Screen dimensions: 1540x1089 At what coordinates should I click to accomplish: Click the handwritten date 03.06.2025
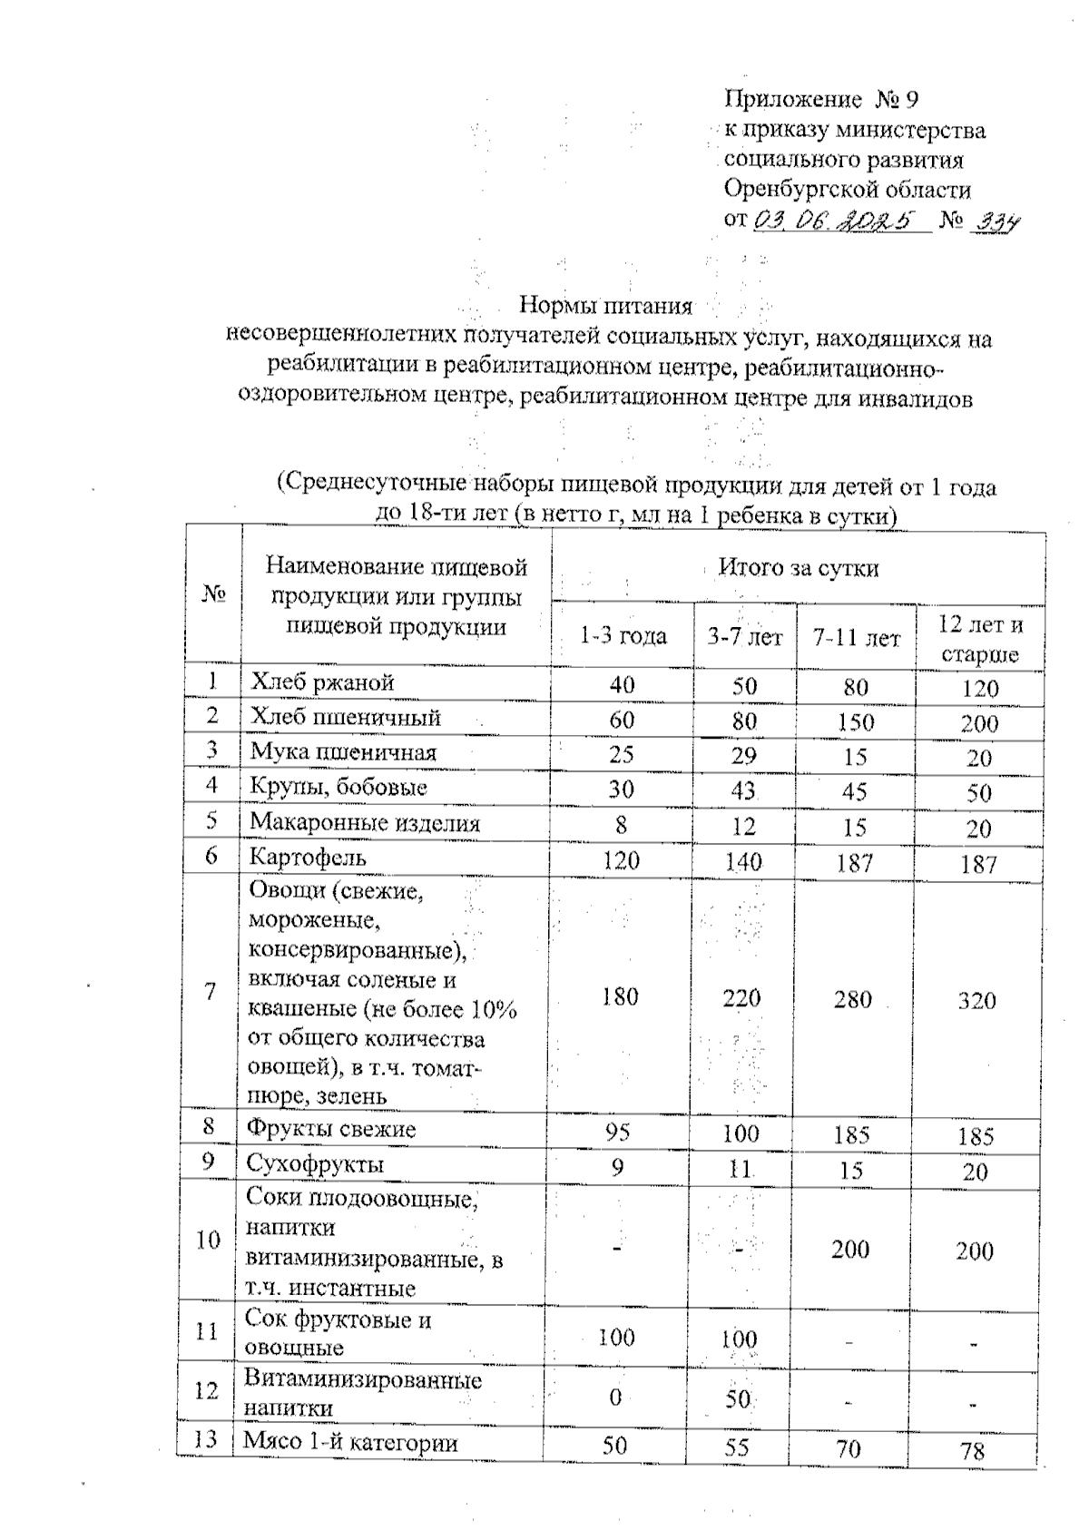click(x=833, y=220)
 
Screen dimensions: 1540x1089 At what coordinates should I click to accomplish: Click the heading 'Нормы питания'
click(x=605, y=305)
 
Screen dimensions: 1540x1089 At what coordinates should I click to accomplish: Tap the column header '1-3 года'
click(x=623, y=636)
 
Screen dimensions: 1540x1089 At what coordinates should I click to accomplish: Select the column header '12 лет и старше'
click(x=979, y=639)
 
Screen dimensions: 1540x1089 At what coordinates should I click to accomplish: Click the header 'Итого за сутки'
click(x=799, y=568)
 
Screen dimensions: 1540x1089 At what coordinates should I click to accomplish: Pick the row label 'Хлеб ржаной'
click(x=322, y=682)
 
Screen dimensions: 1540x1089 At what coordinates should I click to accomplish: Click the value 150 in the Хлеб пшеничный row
click(x=856, y=721)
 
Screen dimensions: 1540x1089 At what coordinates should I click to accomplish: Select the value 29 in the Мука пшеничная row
click(x=743, y=755)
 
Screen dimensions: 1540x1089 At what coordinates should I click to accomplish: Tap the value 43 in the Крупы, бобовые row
click(x=743, y=790)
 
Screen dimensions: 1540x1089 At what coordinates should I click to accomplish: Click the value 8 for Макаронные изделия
click(x=621, y=825)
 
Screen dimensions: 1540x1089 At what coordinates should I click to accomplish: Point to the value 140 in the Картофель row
click(x=743, y=860)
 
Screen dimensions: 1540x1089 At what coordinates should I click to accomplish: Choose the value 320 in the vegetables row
click(x=976, y=1000)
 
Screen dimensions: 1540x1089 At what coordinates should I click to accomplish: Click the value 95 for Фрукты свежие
click(x=617, y=1132)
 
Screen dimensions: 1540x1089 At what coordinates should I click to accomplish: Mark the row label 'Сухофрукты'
click(x=315, y=1164)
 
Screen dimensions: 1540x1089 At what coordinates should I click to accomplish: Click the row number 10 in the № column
click(x=208, y=1240)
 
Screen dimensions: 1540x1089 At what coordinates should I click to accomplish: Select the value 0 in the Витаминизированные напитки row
click(x=615, y=1398)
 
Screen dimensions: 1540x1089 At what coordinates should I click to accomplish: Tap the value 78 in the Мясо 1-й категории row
click(x=972, y=1451)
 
